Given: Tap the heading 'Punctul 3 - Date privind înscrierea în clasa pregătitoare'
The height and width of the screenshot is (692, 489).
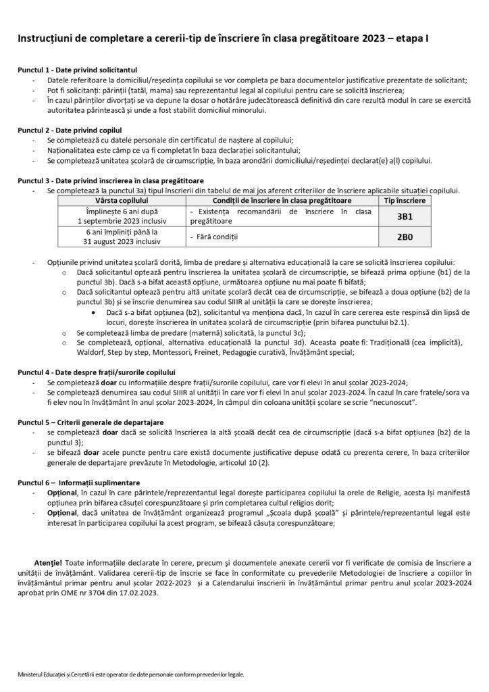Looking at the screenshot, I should point(110,181).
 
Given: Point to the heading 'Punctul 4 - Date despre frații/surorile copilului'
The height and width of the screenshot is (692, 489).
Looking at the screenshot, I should point(97,372).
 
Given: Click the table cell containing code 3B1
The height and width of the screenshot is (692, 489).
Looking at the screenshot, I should point(403,216).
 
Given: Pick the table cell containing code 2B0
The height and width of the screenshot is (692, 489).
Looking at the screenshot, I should point(403,237).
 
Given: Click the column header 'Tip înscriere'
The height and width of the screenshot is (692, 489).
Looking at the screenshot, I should point(404,201).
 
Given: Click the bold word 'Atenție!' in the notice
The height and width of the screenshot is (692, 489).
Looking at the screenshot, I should point(48,562).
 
